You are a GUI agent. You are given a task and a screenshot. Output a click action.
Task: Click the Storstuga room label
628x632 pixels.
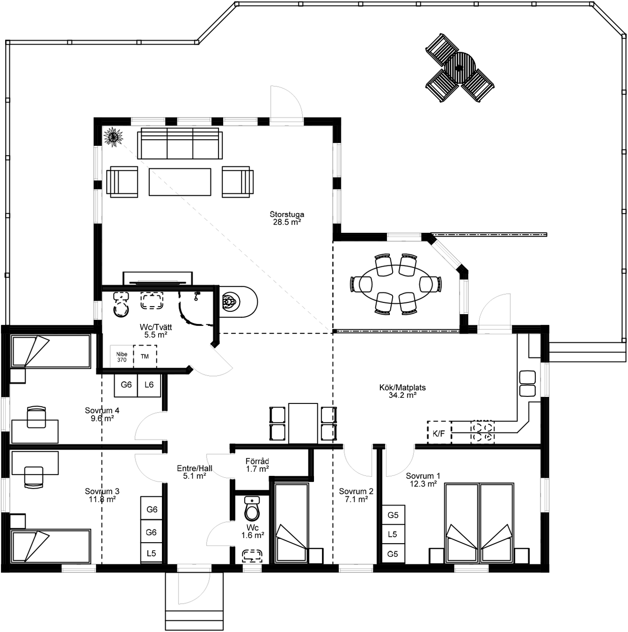tap(287, 218)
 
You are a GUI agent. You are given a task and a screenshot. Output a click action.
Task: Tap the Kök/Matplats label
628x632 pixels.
tap(403, 391)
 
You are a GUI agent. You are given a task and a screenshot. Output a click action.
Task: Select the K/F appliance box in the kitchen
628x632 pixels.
tap(439, 433)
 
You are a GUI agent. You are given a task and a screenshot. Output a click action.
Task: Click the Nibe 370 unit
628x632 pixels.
tap(121, 357)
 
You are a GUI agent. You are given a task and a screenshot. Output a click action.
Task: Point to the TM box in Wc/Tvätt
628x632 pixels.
tap(145, 356)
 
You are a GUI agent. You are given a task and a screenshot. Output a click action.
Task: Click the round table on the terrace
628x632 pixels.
tap(459, 68)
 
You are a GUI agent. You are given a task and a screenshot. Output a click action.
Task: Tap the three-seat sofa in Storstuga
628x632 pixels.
tap(180, 143)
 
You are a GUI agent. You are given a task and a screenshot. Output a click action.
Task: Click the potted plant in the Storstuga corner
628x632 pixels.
tap(113, 136)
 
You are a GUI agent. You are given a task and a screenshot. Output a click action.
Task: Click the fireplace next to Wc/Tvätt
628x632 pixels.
tap(238, 302)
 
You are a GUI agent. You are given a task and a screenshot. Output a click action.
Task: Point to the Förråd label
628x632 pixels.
tap(257, 465)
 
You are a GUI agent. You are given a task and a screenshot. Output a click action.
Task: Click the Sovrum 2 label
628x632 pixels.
tap(356, 495)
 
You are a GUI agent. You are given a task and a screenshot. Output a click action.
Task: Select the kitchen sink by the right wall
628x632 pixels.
tap(527, 383)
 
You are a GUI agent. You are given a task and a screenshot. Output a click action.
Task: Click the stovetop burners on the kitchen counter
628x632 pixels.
tap(483, 432)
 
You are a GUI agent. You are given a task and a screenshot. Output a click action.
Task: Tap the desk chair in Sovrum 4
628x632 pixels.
tap(36, 417)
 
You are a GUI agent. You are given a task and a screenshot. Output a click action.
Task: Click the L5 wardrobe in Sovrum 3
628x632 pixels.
tap(152, 553)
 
